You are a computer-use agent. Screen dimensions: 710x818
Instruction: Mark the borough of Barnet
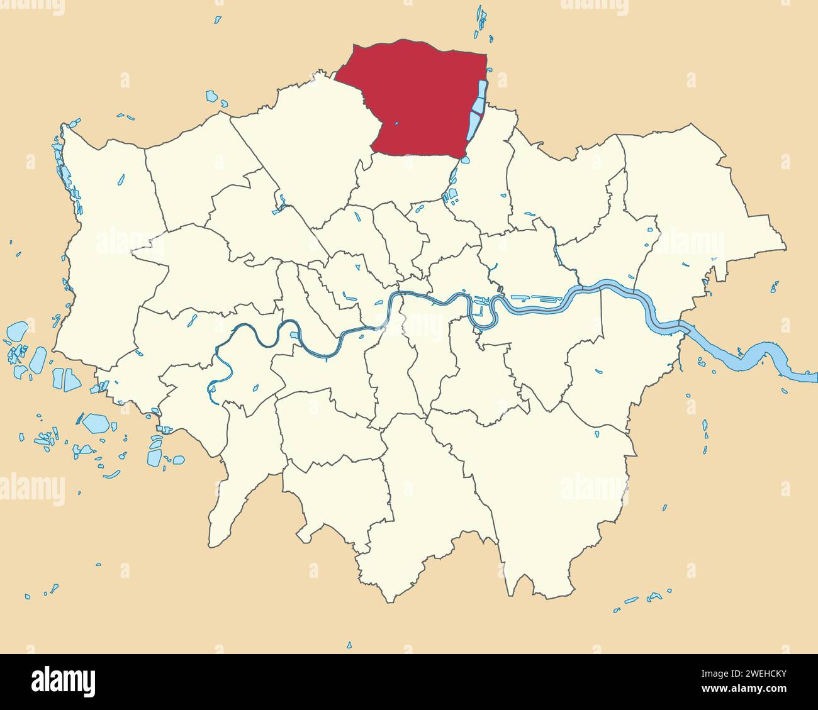coord(302,145)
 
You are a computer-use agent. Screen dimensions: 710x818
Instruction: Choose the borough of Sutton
coord(333,497)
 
